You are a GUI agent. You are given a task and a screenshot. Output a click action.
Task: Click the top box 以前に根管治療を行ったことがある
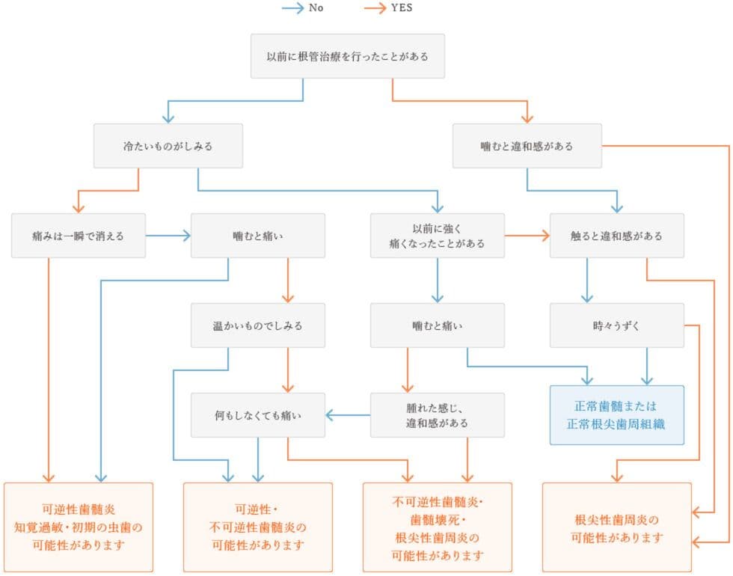[x=347, y=56]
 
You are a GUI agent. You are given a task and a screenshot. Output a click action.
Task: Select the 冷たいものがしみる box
[x=168, y=146]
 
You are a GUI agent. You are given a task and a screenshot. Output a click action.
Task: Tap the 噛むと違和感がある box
[x=527, y=146]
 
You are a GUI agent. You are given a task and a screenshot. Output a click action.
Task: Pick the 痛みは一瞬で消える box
[x=79, y=236]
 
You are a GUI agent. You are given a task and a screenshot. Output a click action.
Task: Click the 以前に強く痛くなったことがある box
[x=437, y=236]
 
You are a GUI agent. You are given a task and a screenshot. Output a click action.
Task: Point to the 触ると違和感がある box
[x=616, y=236]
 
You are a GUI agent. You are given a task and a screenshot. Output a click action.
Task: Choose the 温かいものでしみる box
[x=257, y=325]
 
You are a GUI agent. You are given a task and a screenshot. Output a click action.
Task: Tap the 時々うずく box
[x=616, y=325]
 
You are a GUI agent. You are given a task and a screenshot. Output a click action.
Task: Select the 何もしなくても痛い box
[x=257, y=414]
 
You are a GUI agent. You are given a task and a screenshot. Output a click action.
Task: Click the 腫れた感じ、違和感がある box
[x=437, y=414]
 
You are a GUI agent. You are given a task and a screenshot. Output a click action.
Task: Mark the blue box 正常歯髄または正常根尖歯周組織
[x=616, y=414]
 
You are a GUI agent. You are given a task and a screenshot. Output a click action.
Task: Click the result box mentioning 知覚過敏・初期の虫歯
[x=79, y=527]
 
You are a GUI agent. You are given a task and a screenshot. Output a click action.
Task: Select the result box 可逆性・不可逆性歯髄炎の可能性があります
[x=257, y=527]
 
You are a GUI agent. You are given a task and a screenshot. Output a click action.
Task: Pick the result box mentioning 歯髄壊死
[x=437, y=527]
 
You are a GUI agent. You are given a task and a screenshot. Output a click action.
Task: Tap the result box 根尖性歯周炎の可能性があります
[x=616, y=527]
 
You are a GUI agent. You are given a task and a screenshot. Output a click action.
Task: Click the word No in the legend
[x=316, y=9]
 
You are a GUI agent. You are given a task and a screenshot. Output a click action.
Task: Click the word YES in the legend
[x=402, y=9]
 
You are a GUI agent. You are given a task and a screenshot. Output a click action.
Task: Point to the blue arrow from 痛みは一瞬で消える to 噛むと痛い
[x=168, y=236]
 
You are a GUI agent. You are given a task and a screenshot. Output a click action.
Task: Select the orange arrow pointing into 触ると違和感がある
[x=527, y=236]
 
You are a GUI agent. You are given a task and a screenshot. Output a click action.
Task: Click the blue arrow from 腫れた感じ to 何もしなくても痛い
[x=348, y=414]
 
